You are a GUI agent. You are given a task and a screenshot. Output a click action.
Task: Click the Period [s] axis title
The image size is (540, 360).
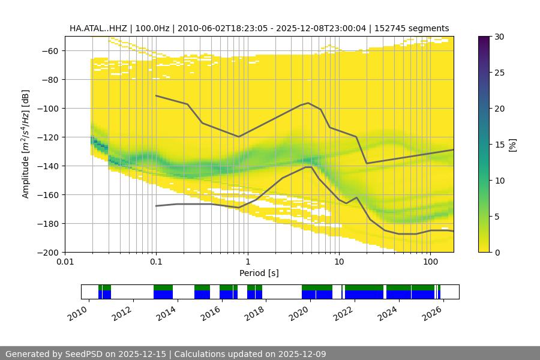point(259,273)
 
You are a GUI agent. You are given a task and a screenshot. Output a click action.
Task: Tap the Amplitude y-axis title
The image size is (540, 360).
point(26,144)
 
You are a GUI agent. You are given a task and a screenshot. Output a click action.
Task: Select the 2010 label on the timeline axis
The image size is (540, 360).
point(77,313)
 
